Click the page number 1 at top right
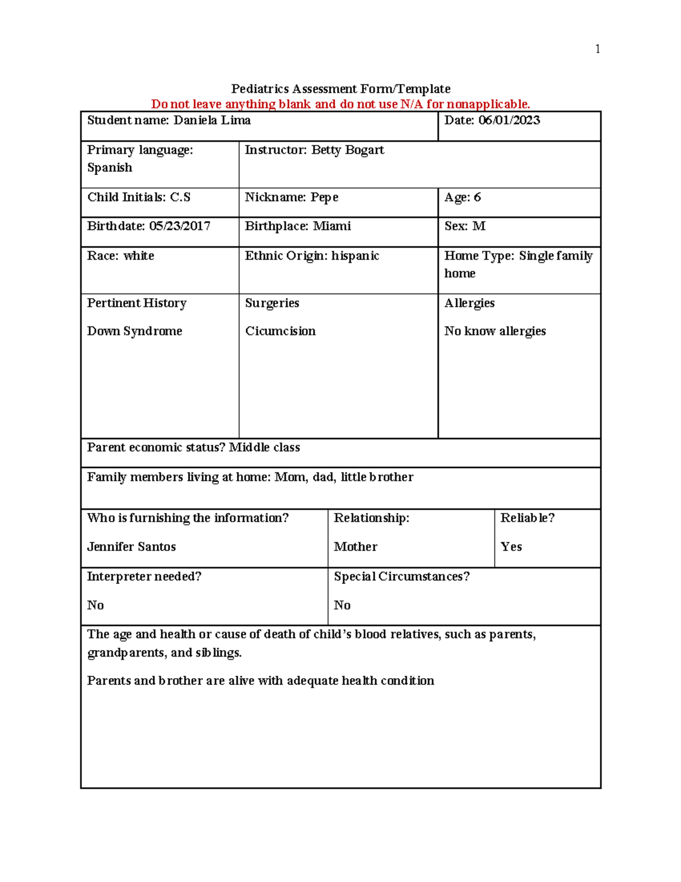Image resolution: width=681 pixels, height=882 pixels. [x=597, y=49]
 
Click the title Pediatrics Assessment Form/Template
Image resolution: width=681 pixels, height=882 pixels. [x=340, y=89]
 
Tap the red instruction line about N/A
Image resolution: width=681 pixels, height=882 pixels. [x=340, y=104]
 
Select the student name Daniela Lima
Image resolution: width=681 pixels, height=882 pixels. [x=212, y=120]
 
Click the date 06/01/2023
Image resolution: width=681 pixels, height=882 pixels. [x=509, y=120]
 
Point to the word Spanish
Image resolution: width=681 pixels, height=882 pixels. [x=110, y=168]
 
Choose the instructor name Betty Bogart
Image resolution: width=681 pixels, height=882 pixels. [x=347, y=150]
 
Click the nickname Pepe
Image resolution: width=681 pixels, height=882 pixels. [x=324, y=197]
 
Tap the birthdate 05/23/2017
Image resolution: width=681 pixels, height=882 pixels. [x=179, y=226]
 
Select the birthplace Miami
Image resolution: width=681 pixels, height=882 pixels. [x=331, y=226]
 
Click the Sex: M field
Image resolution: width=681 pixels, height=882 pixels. [x=465, y=226]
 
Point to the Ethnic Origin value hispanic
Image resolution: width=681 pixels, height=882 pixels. [x=355, y=256]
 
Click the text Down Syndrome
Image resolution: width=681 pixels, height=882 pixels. [x=134, y=331]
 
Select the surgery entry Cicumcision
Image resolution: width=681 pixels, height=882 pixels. [x=280, y=331]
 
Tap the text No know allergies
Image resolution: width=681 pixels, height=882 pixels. [x=495, y=331]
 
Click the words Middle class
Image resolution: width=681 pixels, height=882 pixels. [x=264, y=448]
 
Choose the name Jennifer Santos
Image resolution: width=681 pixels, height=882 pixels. [x=131, y=546]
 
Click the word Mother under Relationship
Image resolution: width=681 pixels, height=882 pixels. [x=355, y=546]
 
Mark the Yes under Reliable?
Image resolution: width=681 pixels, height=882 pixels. [x=511, y=546]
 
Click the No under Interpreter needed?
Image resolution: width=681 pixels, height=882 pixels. [x=95, y=605]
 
